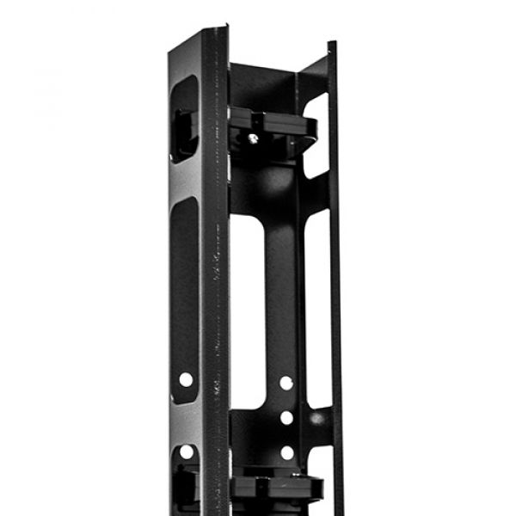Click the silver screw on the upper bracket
tap(253, 137)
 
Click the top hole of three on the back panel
tap(286, 382)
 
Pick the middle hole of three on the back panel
tap(286, 417)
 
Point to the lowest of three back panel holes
tap(286, 452)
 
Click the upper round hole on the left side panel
tap(186, 378)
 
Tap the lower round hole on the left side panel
tap(186, 452)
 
